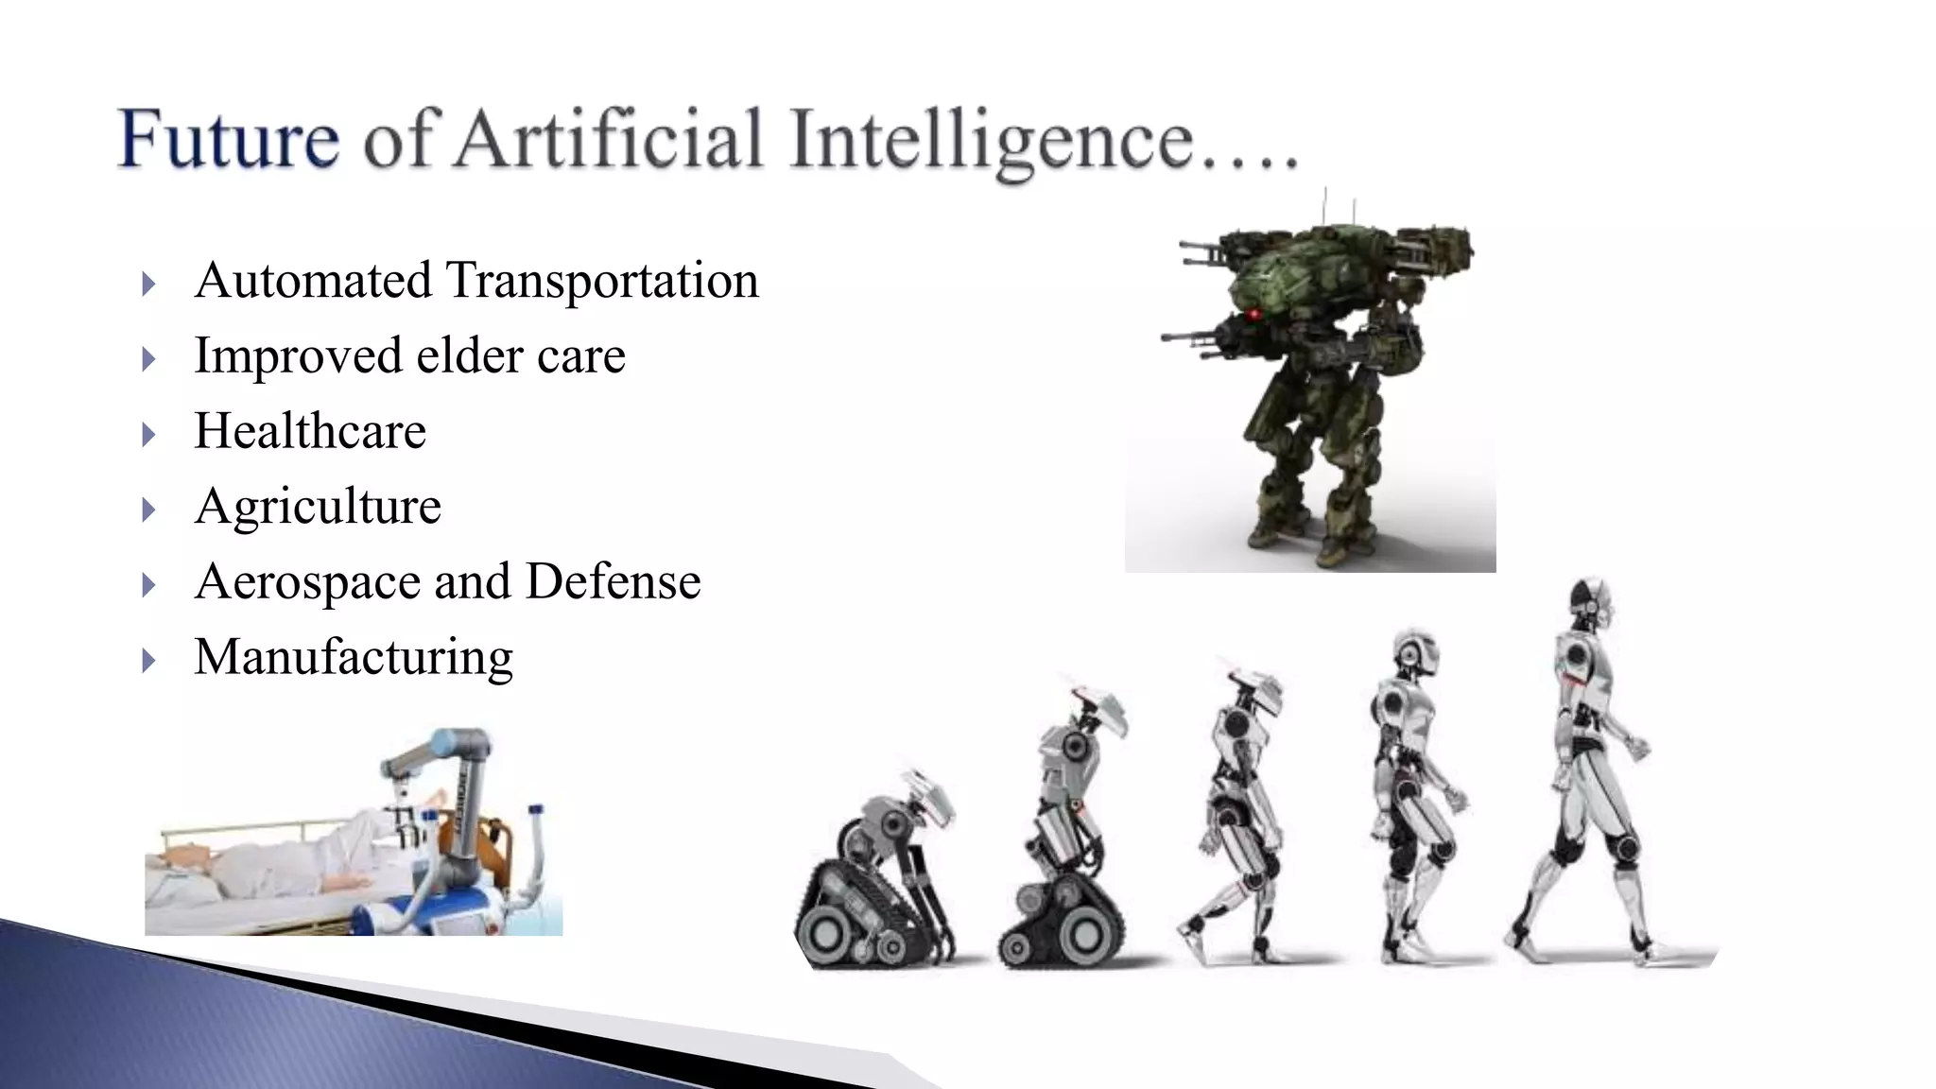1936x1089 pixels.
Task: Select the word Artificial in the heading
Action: (x=609, y=140)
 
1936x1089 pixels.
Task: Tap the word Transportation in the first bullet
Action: (x=601, y=281)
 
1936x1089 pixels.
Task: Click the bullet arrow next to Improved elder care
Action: (x=148, y=359)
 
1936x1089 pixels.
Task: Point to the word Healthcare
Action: (x=310, y=431)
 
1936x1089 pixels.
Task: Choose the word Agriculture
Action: (x=318, y=507)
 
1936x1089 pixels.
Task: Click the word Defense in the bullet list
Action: (x=613, y=581)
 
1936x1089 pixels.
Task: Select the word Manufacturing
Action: (x=354, y=657)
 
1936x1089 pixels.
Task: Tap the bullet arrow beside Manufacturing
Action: (x=148, y=660)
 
